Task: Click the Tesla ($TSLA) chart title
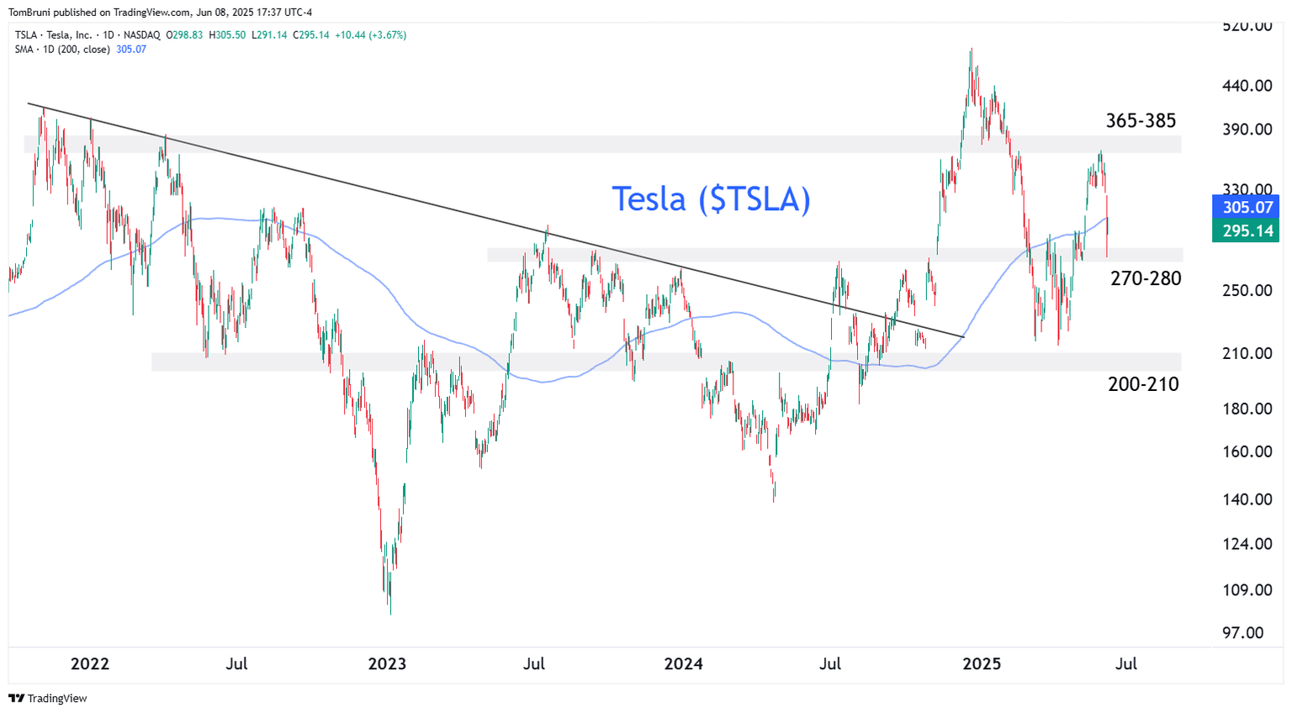click(x=711, y=199)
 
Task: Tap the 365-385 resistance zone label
click(x=1141, y=121)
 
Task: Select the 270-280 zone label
click(x=1146, y=278)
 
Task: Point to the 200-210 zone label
click(x=1143, y=384)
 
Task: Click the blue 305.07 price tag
click(x=1247, y=207)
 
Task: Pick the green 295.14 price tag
click(x=1247, y=230)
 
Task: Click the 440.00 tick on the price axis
click(x=1247, y=86)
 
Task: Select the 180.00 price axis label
click(x=1247, y=409)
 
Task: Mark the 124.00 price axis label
click(x=1247, y=543)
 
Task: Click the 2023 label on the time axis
click(x=387, y=663)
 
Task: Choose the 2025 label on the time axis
click(x=982, y=663)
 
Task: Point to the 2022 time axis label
click(x=90, y=663)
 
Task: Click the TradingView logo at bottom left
click(x=48, y=698)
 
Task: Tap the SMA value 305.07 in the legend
click(x=131, y=50)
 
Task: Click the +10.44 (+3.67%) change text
click(x=370, y=35)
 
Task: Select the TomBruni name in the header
click(x=32, y=12)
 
